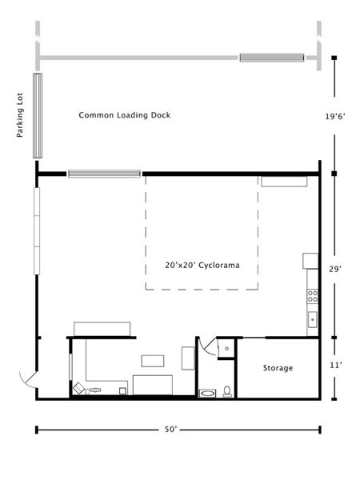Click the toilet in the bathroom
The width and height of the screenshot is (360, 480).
227,391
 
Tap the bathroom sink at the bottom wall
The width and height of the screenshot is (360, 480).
207,393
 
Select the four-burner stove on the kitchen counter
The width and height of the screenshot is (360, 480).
313,296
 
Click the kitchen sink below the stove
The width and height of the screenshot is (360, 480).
313,319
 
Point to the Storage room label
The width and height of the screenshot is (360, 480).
278,368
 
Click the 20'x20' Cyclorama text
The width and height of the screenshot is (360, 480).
202,265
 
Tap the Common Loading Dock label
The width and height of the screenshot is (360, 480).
125,115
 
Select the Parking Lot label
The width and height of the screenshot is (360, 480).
20,114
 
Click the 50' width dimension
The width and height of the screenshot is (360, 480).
171,430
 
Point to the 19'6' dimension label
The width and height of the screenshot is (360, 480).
335,116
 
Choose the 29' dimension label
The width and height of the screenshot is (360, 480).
335,269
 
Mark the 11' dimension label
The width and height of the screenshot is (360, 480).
335,366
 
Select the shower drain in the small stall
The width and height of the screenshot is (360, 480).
227,348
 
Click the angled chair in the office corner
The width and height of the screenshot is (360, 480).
78,389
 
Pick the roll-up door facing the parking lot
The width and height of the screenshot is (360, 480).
38,116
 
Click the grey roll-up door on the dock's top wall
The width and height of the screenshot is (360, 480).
272,58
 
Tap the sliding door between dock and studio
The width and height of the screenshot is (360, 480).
104,174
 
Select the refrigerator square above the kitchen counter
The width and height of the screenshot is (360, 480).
310,261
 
